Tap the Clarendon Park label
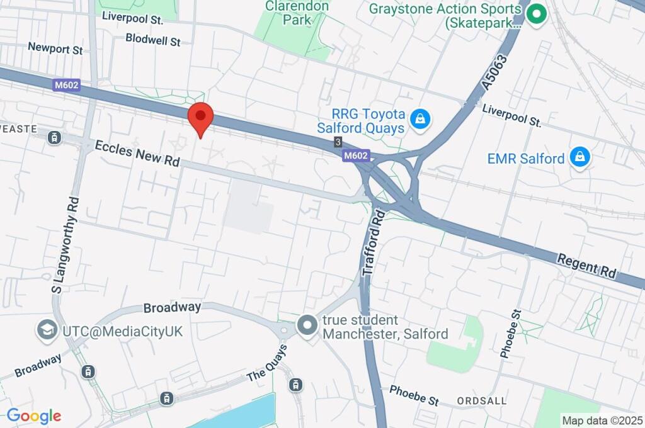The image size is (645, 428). coord(297,13)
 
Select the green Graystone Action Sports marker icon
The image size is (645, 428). coord(536,13)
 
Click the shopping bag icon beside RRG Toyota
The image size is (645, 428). coord(419,118)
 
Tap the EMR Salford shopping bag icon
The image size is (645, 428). coord(579,157)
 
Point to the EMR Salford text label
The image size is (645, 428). coord(525,158)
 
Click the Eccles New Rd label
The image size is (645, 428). coord(137,154)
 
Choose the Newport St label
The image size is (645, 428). coord(55,48)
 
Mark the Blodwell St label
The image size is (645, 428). coord(152,40)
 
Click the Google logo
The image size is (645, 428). coord(33,415)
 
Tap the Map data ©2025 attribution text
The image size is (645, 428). coord(602,420)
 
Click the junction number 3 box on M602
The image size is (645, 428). coord(338,142)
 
